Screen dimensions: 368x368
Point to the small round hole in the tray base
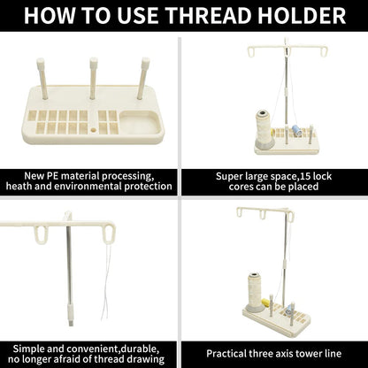94,130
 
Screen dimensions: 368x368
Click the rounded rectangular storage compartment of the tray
141,122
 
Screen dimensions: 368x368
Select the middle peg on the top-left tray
94,78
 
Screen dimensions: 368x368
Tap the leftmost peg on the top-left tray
42,79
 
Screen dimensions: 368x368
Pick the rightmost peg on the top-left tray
143,78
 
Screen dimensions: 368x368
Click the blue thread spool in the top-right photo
295,129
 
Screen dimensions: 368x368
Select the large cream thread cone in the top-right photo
264,129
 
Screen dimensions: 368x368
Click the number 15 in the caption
304,176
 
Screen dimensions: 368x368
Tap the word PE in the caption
53,176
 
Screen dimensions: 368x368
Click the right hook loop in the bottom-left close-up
109,235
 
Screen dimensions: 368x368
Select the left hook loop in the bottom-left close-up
41,235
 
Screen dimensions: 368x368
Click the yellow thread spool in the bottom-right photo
265,303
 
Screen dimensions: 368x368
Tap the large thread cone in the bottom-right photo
255,292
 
